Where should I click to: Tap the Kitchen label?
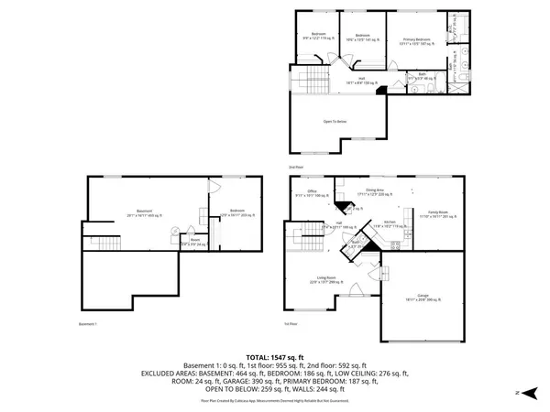pyautogui.click(x=389, y=222)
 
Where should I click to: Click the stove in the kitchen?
pyautogui.click(x=395, y=244)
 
